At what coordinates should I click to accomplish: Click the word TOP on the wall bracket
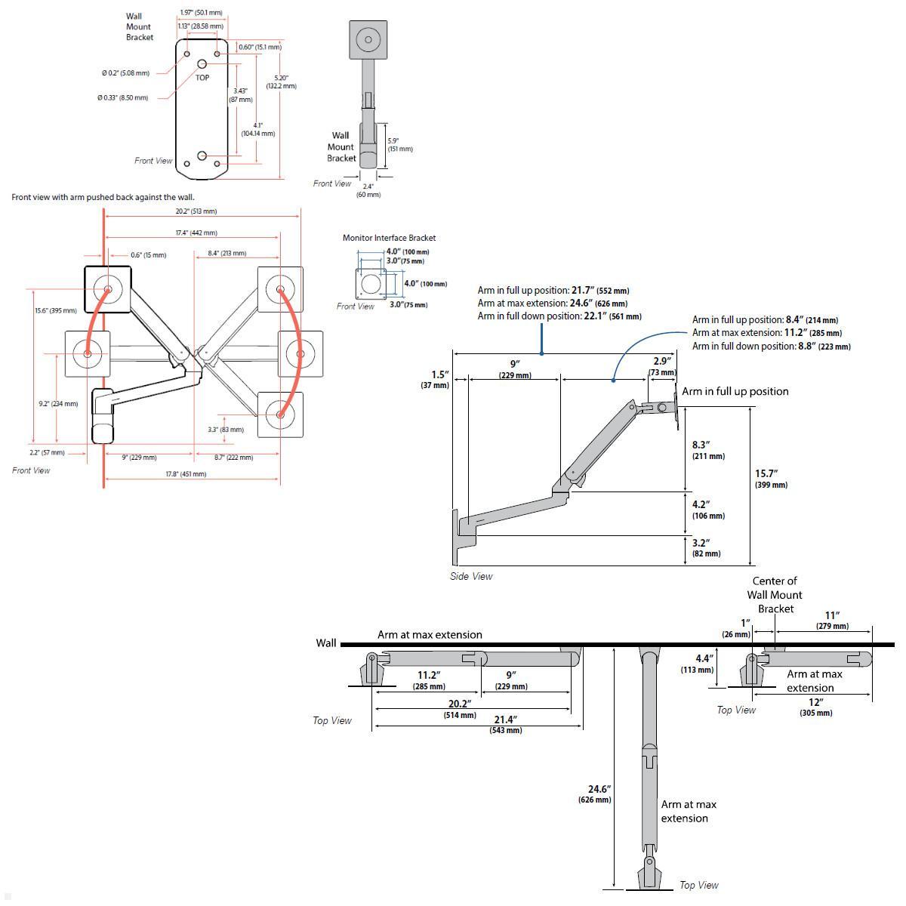(202, 78)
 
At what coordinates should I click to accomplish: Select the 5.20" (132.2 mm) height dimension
(281, 82)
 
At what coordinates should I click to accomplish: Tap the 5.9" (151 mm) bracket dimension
(399, 145)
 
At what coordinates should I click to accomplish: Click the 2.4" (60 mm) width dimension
(368, 190)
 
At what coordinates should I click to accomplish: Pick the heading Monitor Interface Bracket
(389, 238)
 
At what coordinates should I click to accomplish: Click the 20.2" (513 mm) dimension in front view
(196, 211)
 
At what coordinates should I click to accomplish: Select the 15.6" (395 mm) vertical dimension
(55, 311)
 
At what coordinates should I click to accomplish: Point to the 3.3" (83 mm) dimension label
(226, 430)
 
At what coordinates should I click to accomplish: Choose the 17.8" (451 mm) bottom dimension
(186, 474)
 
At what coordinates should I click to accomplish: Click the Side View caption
(471, 576)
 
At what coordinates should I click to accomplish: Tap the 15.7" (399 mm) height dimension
(770, 479)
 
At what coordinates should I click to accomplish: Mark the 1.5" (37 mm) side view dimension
(436, 380)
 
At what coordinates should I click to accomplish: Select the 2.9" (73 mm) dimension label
(661, 367)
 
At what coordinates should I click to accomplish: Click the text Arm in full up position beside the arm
(735, 391)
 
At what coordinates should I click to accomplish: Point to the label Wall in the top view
(326, 643)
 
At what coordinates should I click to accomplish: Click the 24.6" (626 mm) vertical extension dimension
(595, 794)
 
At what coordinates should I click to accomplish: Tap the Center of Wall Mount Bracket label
(775, 595)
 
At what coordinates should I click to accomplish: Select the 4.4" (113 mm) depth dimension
(698, 664)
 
